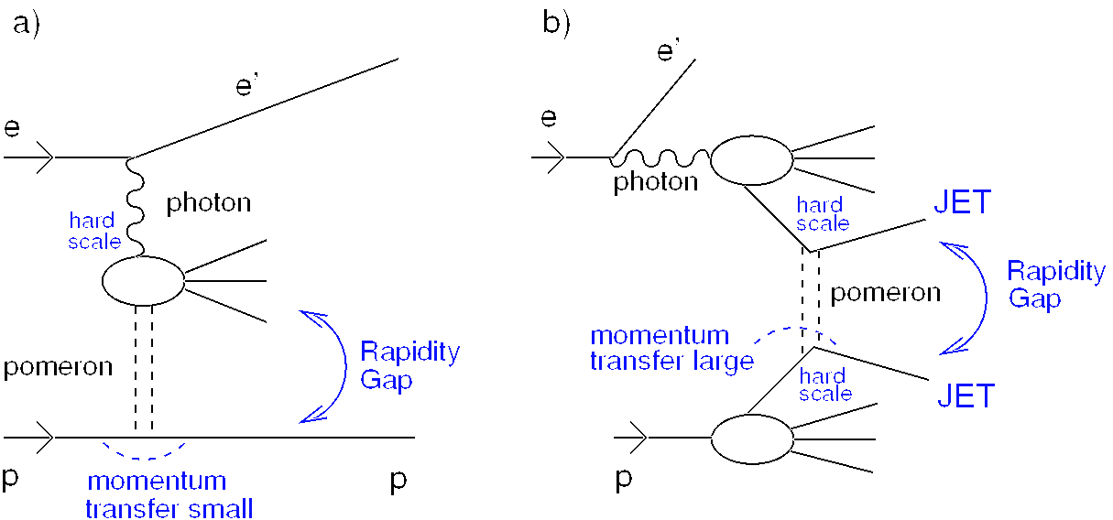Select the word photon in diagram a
point(208,202)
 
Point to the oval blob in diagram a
point(143,280)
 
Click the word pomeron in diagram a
point(57,368)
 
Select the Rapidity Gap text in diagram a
point(409,365)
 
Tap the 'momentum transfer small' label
point(169,494)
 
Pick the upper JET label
point(962,202)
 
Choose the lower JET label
point(966,395)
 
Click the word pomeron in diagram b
point(885,293)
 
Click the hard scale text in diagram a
point(94,231)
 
